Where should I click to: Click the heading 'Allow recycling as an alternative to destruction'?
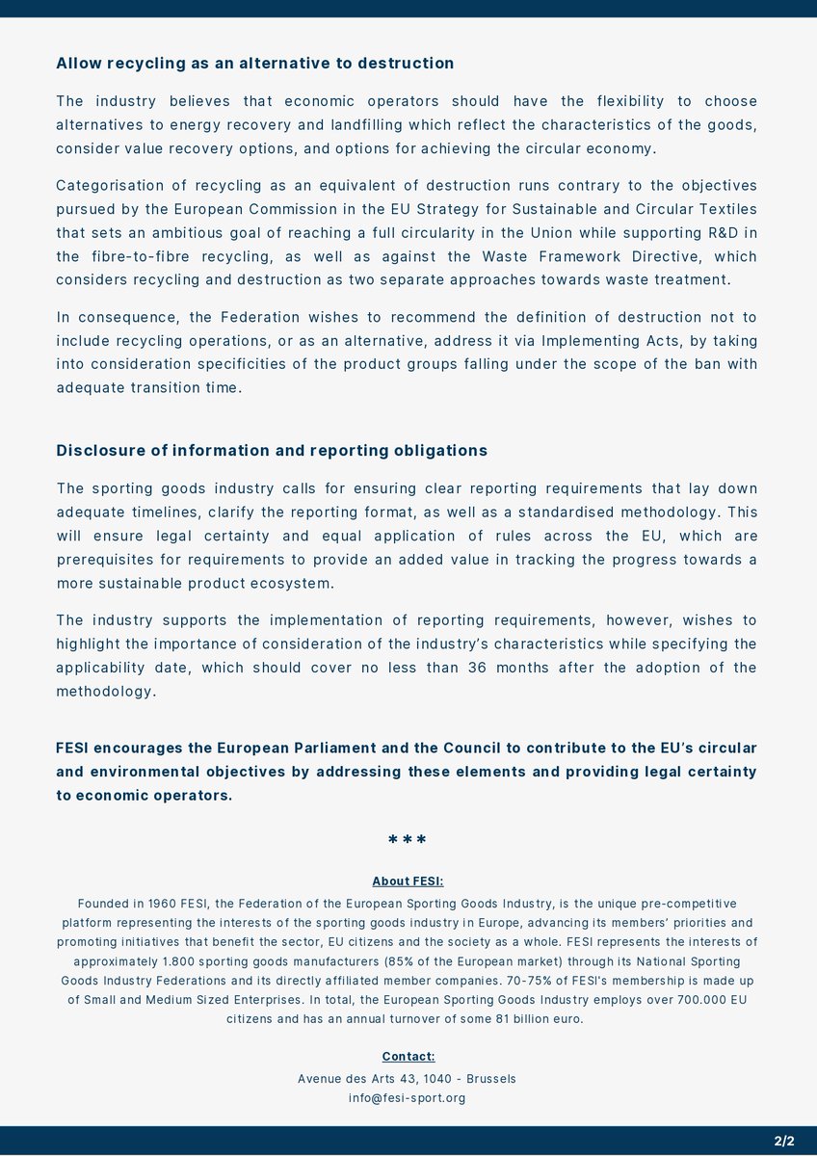(x=254, y=64)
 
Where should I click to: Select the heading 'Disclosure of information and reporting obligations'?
(x=272, y=451)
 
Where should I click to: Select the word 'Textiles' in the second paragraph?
(x=723, y=209)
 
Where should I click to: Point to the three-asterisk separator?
(x=408, y=841)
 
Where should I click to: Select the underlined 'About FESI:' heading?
(x=408, y=881)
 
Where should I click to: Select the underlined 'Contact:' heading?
(x=408, y=1057)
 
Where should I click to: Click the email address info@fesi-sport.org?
(x=408, y=1098)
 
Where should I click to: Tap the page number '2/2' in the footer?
(x=783, y=1142)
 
